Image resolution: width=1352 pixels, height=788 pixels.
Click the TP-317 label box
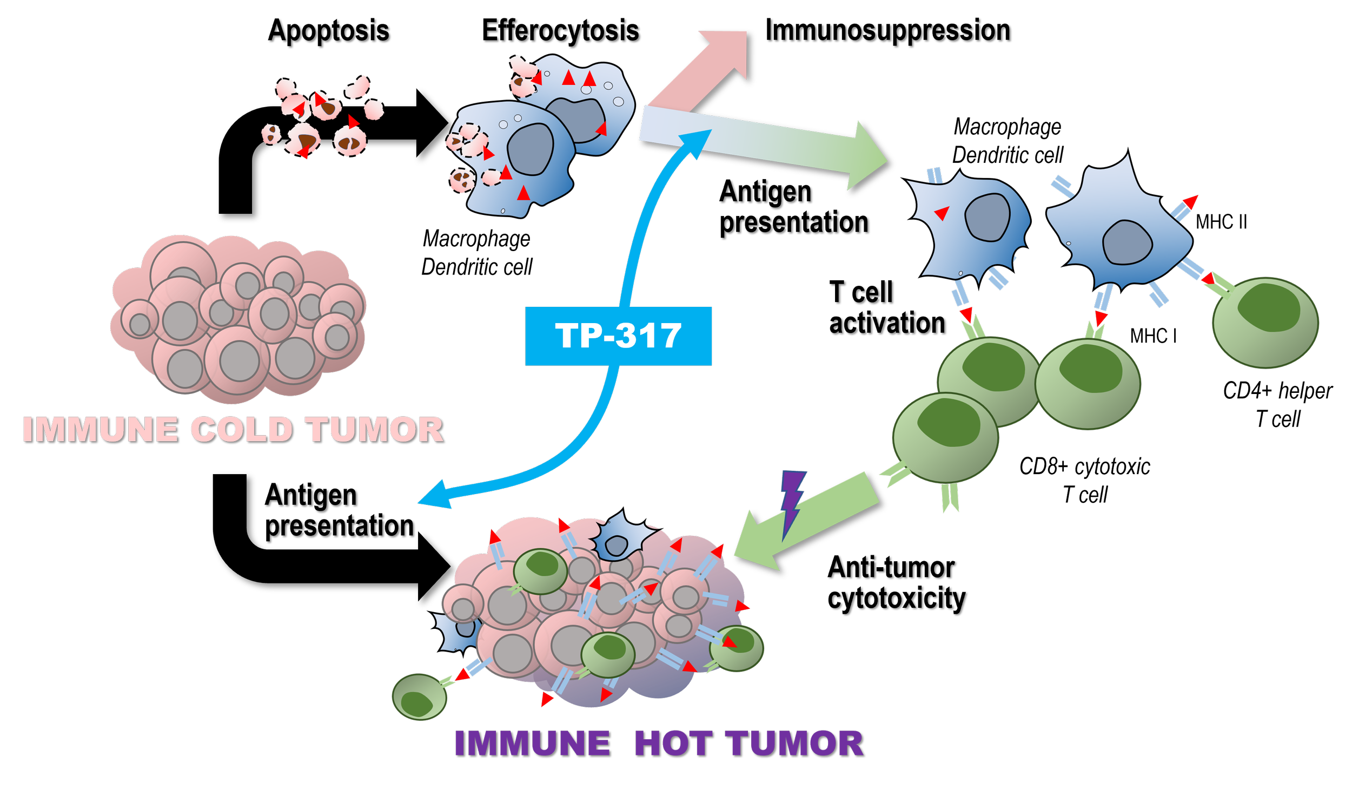point(618,336)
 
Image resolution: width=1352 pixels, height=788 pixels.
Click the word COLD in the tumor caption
point(241,430)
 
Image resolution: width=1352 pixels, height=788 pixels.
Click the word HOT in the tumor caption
point(672,744)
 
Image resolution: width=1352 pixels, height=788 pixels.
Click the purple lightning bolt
point(792,503)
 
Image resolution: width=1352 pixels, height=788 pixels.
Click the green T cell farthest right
point(1265,323)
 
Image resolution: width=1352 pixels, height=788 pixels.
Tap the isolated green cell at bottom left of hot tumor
point(419,697)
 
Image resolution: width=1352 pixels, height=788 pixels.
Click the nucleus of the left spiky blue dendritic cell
point(988,217)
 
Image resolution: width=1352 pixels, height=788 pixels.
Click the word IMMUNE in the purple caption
point(532,744)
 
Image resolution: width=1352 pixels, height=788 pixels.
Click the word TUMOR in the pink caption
point(374,430)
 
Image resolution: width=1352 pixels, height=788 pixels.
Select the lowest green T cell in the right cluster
point(945,438)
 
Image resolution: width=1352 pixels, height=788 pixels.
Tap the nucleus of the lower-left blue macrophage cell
point(530,149)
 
